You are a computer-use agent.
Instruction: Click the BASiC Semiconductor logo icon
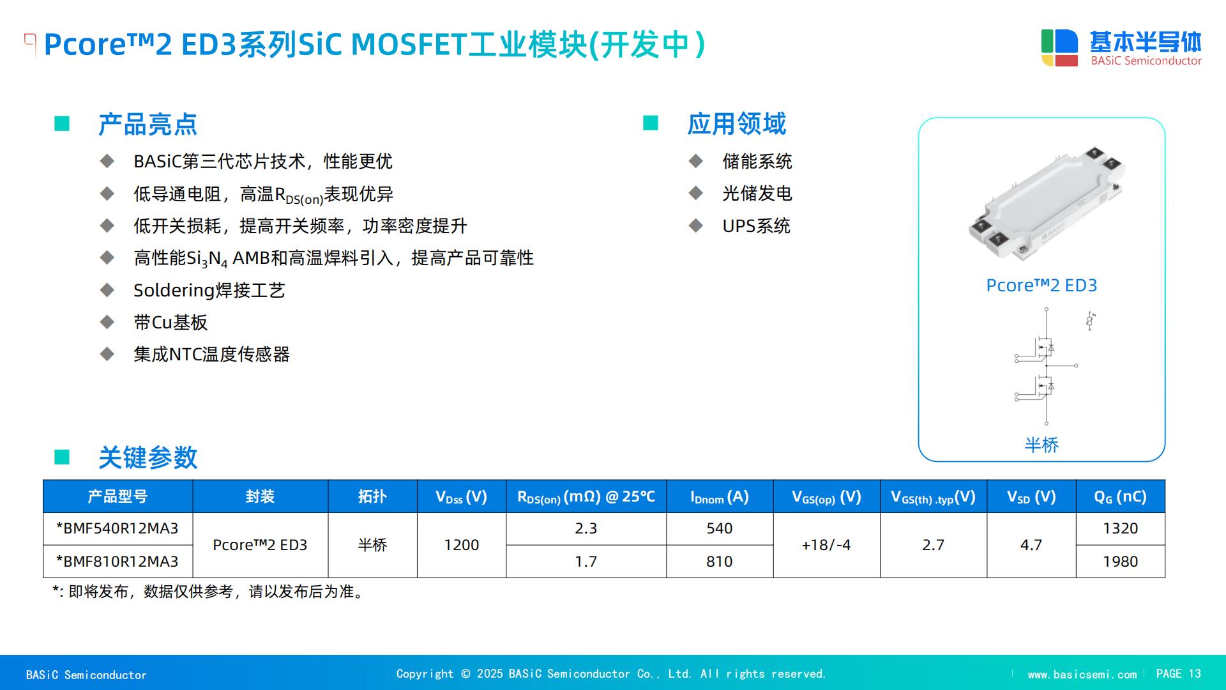point(1059,48)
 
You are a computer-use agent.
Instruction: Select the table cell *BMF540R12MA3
point(117,528)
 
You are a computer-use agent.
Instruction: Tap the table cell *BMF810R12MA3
point(117,562)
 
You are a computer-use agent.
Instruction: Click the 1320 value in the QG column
point(1120,528)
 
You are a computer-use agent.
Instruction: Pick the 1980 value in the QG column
point(1120,562)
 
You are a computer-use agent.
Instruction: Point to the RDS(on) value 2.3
point(586,528)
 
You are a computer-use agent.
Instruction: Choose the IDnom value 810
point(719,562)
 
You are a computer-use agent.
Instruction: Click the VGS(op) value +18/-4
point(826,545)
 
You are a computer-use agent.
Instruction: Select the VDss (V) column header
point(461,496)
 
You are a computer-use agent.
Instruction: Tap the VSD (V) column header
point(1031,496)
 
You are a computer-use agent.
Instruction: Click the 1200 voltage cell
point(461,545)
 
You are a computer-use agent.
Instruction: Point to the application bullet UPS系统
point(756,226)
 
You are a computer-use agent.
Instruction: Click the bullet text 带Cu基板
point(170,322)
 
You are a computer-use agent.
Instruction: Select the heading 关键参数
point(148,457)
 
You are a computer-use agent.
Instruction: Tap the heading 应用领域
point(737,123)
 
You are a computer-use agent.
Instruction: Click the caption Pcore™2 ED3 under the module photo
point(1041,285)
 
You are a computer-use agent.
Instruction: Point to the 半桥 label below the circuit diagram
point(1041,445)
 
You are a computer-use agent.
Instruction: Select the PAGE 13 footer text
point(1179,674)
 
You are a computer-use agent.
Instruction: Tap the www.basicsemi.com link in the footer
point(1082,675)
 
